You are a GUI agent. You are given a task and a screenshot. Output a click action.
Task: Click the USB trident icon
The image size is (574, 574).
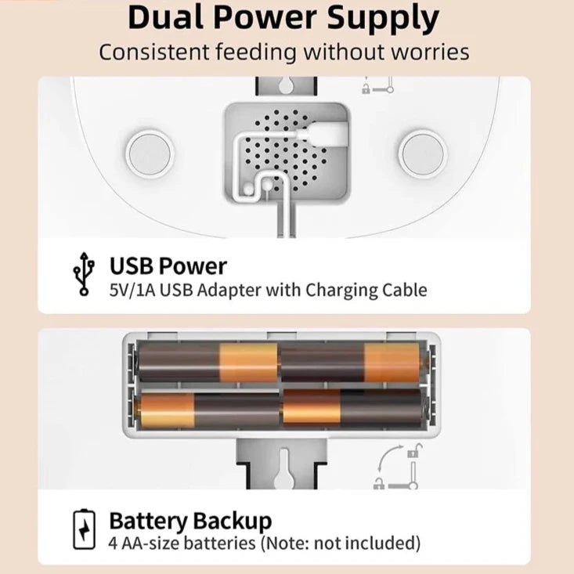coord(84,273)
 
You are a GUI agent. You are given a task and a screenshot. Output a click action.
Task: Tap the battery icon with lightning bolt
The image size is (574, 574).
coord(85,529)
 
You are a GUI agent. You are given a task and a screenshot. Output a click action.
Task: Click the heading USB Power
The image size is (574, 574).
coord(168,266)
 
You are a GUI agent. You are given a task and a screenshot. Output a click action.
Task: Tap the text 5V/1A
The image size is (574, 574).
coord(132,291)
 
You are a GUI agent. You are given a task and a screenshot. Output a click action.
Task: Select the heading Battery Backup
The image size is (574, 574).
coord(190,522)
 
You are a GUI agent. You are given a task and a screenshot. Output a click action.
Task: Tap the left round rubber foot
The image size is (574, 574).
coord(150,153)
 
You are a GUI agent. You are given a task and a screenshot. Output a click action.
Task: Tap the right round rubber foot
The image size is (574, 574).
coord(422,153)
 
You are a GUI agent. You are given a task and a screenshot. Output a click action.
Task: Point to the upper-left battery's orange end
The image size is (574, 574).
coord(248,362)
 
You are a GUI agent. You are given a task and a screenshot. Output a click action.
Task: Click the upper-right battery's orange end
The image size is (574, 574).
coord(392,362)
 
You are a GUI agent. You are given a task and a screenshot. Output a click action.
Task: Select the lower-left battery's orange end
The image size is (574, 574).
coord(167,410)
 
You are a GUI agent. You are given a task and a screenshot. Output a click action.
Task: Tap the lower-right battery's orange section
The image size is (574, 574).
coord(312,407)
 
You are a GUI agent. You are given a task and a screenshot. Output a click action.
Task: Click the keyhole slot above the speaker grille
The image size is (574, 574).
coord(287,85)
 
